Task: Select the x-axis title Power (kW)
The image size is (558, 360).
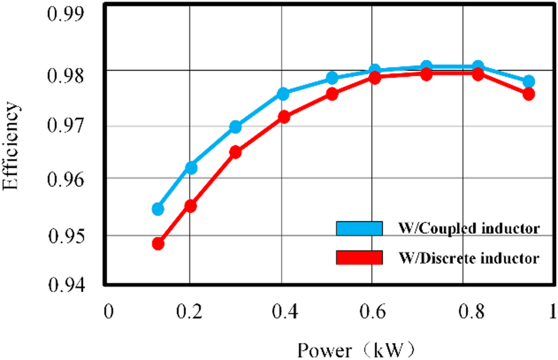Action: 355,348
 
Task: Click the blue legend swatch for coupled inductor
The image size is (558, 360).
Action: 360,228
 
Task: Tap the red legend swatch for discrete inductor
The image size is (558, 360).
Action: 360,258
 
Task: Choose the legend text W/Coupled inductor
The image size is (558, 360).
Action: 470,228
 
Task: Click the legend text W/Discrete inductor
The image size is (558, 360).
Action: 470,258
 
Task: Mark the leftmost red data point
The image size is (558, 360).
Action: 157,244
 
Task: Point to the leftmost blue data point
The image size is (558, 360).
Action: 157,209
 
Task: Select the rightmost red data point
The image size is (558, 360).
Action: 528,94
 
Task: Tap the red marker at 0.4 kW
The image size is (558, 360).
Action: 283,117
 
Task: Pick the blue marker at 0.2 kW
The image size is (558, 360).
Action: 191,168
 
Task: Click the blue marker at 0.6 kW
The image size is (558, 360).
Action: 375,71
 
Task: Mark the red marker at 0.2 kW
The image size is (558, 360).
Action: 191,206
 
